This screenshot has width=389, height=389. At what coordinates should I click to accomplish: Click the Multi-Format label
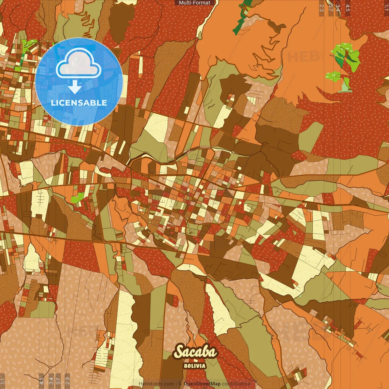tap(194, 3)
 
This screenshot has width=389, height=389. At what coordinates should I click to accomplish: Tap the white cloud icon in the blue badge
tap(78, 65)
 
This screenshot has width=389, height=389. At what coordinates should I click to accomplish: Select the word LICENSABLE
tap(79, 103)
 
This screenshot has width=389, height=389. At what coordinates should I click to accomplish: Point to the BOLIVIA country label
tap(195, 366)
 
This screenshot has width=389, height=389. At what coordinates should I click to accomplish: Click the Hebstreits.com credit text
tap(156, 384)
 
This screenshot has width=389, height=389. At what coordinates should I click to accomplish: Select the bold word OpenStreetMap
tap(202, 384)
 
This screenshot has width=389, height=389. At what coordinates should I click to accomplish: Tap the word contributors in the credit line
tap(236, 384)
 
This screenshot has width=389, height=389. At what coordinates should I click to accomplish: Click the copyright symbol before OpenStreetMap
tap(180, 384)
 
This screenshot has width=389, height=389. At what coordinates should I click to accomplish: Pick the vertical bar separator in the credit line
tap(176, 384)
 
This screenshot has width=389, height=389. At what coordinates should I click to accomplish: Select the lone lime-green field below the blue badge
tap(77, 198)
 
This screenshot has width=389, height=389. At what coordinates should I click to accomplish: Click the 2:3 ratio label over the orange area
tap(322, 8)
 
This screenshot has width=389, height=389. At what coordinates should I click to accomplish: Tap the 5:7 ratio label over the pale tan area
tap(58, 381)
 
